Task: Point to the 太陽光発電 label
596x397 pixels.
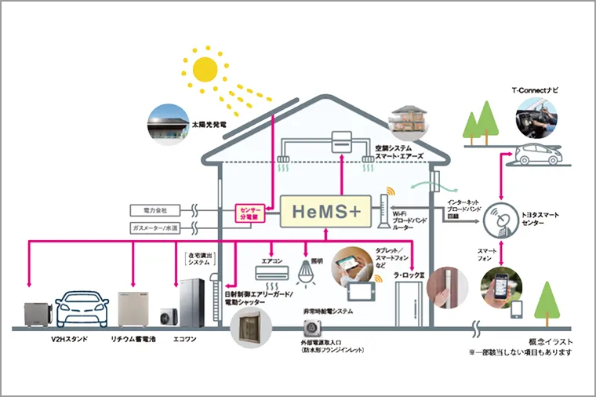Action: pyautogui.click(x=208, y=123)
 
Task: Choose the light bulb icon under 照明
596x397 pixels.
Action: pyautogui.click(x=307, y=271)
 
